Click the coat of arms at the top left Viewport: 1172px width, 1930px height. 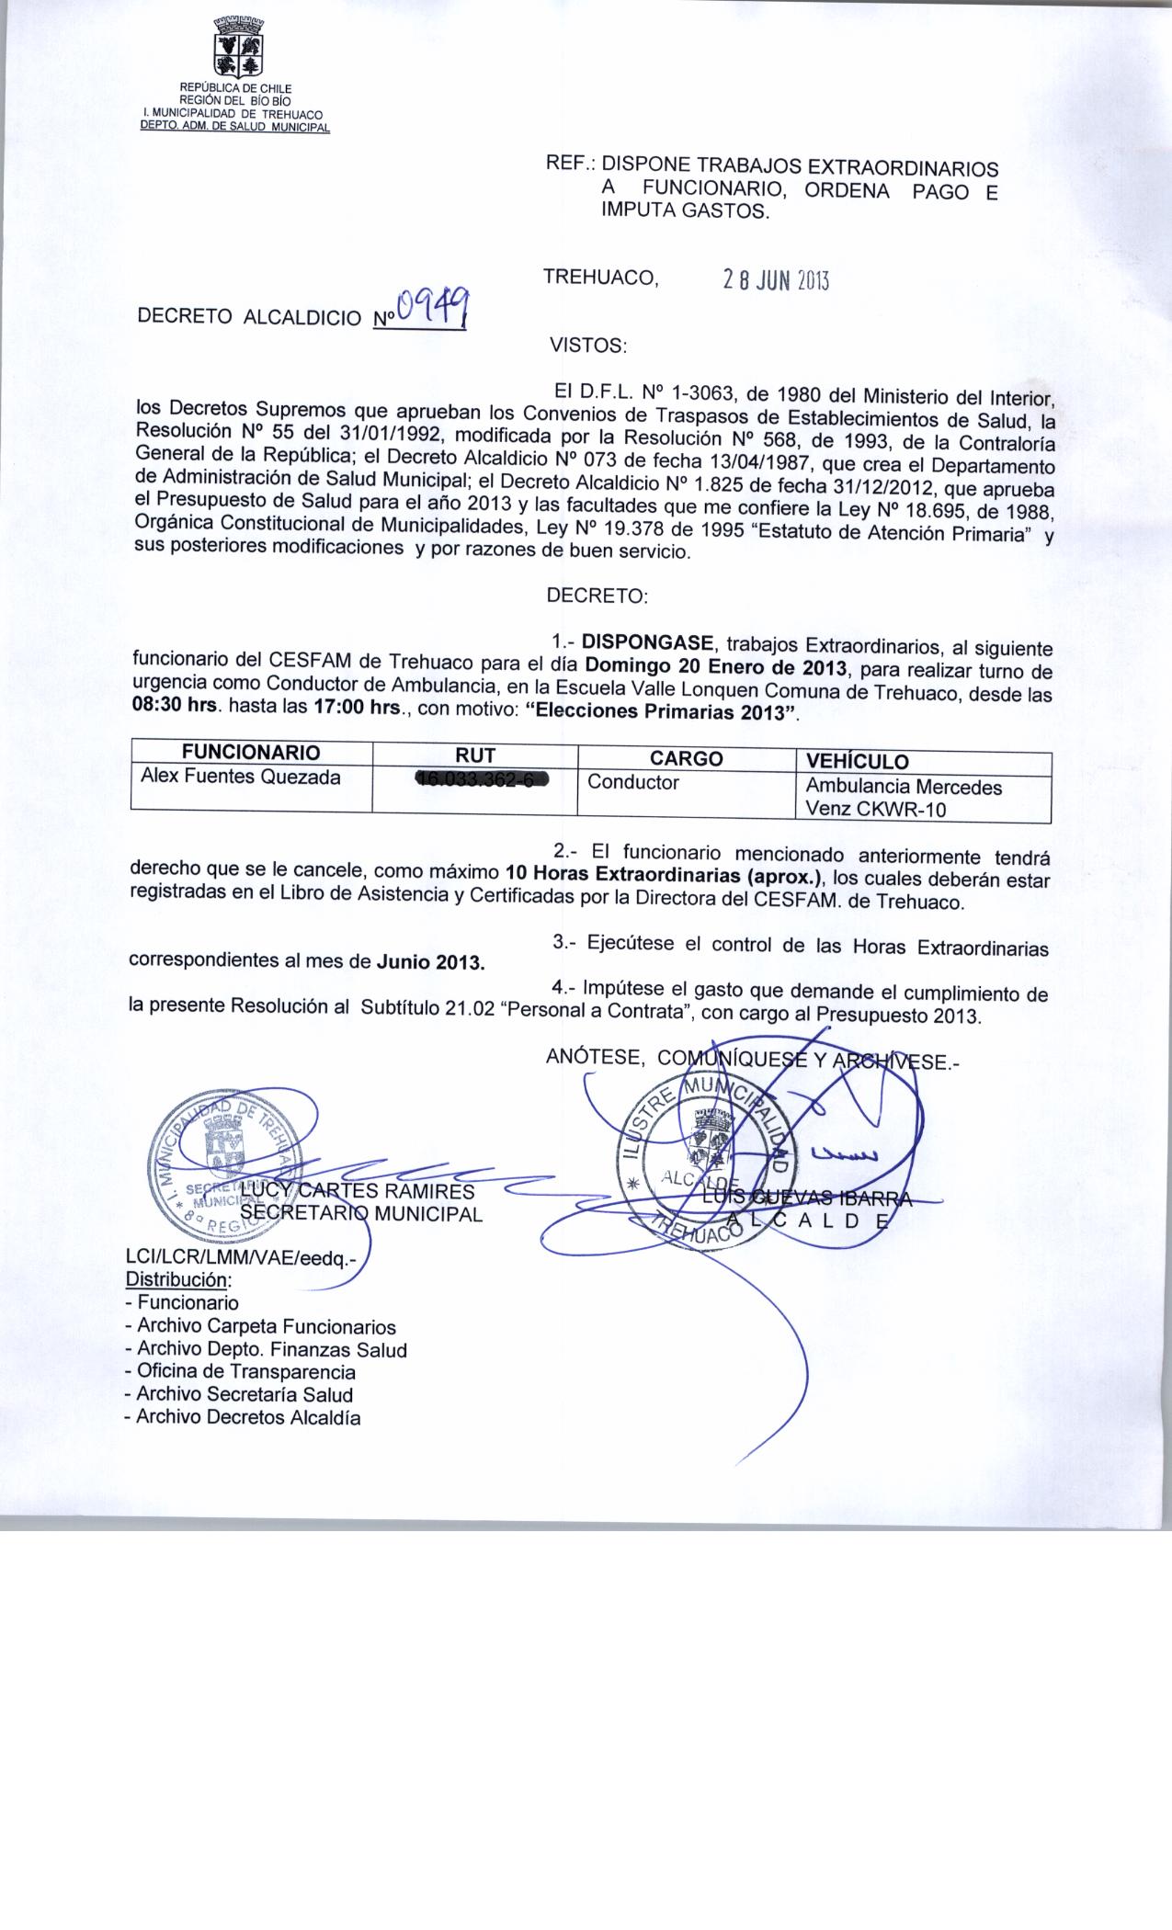point(238,49)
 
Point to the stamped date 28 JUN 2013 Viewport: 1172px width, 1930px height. point(777,280)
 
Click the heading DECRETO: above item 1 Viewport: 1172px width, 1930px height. point(597,596)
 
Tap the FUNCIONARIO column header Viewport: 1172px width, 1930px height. point(251,753)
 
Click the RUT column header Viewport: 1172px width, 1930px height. point(475,755)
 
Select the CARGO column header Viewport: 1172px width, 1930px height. point(686,758)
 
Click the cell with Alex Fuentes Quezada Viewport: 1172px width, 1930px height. point(240,778)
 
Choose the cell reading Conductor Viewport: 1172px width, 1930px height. point(633,783)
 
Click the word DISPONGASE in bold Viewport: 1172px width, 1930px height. point(648,639)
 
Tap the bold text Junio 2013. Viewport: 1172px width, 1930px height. point(430,963)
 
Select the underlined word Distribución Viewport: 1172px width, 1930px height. point(178,1279)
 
